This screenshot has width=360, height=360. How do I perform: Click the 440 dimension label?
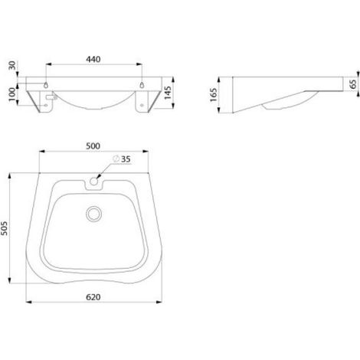click(93, 59)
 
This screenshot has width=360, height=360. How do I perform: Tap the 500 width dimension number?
click(93, 146)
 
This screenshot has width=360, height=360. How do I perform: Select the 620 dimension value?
click(93, 297)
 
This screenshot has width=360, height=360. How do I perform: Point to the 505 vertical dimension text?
click(5, 228)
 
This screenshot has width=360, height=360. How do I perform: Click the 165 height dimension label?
click(214, 95)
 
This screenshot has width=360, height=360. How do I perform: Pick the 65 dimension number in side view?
click(353, 84)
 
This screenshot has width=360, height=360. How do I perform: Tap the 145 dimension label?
click(168, 93)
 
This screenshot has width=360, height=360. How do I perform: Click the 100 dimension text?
click(12, 94)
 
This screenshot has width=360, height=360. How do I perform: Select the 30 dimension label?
click(12, 66)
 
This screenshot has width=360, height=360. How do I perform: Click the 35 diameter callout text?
click(126, 159)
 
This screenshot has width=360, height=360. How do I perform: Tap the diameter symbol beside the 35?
click(116, 159)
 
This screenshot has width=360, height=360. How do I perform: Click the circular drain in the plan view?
click(93, 214)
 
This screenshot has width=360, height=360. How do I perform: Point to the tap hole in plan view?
click(94, 181)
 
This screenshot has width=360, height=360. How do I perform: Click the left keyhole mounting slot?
click(46, 85)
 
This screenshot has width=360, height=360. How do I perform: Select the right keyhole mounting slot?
click(142, 85)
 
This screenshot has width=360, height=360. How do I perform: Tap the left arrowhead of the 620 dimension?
click(29, 302)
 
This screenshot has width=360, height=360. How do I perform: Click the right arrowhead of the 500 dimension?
click(146, 152)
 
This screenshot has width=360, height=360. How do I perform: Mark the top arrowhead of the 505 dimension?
click(10, 176)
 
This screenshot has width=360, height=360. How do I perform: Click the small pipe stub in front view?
click(51, 97)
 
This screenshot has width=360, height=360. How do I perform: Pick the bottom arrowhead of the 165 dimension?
click(219, 110)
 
